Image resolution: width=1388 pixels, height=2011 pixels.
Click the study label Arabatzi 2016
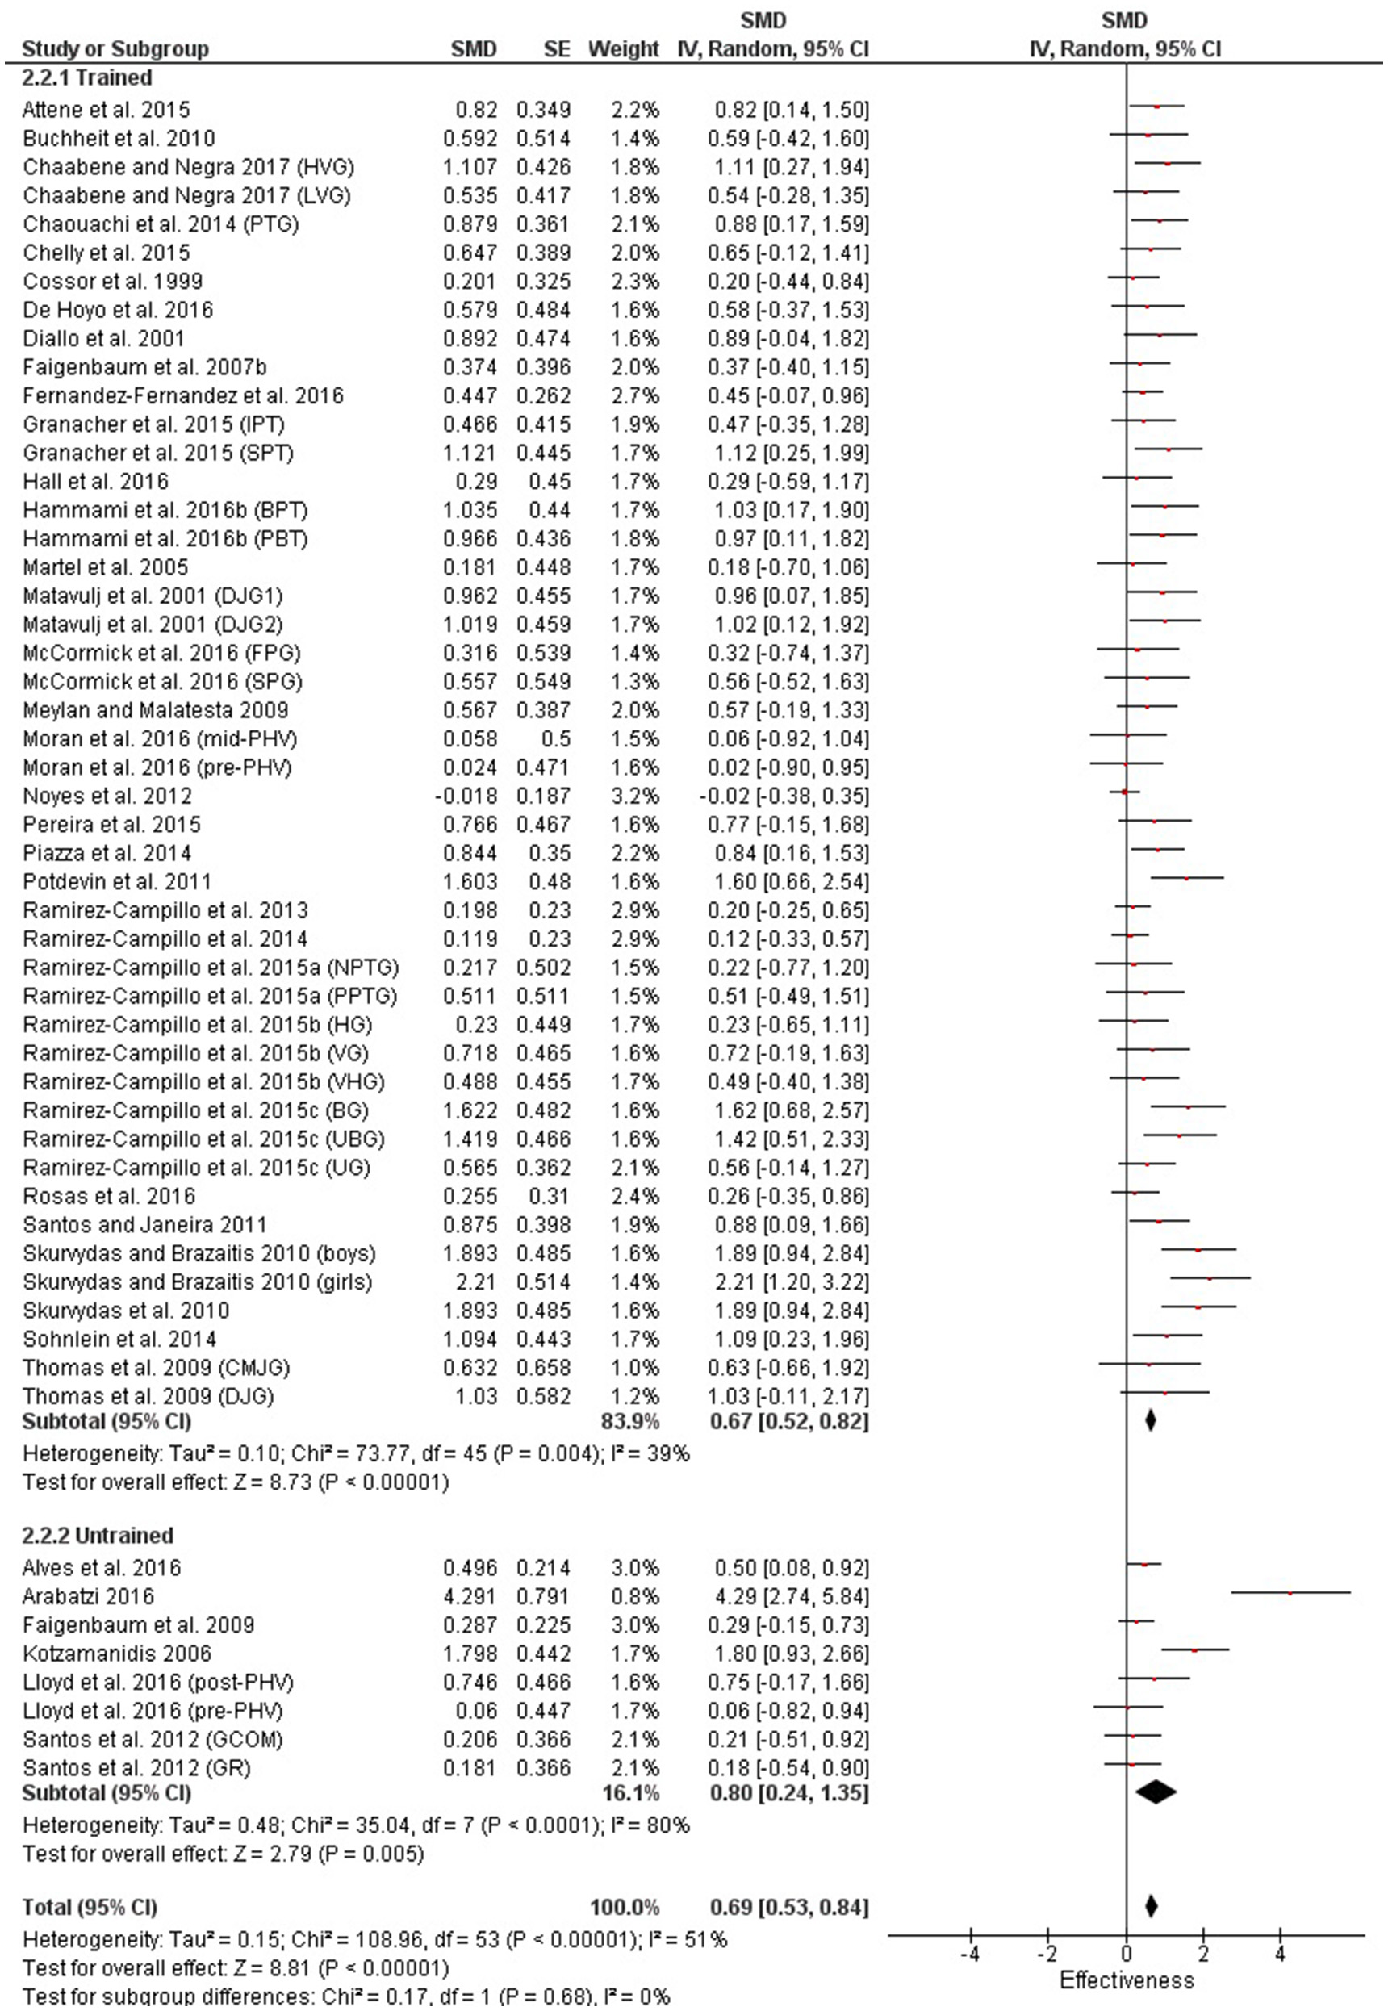click(88, 1596)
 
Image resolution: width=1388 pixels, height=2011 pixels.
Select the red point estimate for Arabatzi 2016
click(1290, 1594)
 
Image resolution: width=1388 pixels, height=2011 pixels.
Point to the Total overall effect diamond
click(1152, 1907)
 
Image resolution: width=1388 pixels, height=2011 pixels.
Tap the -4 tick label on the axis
click(969, 1954)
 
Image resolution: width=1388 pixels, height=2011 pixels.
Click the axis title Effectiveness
click(1127, 1980)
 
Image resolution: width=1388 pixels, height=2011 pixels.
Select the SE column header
click(556, 48)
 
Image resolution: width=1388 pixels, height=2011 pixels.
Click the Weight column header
click(623, 48)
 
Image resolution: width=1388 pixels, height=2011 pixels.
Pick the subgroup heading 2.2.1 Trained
click(87, 77)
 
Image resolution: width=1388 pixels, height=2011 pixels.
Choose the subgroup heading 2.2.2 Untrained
click(98, 1536)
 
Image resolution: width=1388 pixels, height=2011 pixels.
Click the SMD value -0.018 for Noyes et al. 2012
click(470, 796)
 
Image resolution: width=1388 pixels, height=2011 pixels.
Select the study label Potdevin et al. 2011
click(116, 881)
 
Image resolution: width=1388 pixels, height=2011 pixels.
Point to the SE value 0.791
click(544, 1596)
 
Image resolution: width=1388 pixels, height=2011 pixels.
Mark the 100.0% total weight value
click(625, 1908)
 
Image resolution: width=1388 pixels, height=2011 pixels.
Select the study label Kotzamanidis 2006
click(116, 1654)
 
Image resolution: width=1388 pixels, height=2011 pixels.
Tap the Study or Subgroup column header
click(115, 48)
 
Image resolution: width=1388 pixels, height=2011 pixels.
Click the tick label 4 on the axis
click(1280, 1954)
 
